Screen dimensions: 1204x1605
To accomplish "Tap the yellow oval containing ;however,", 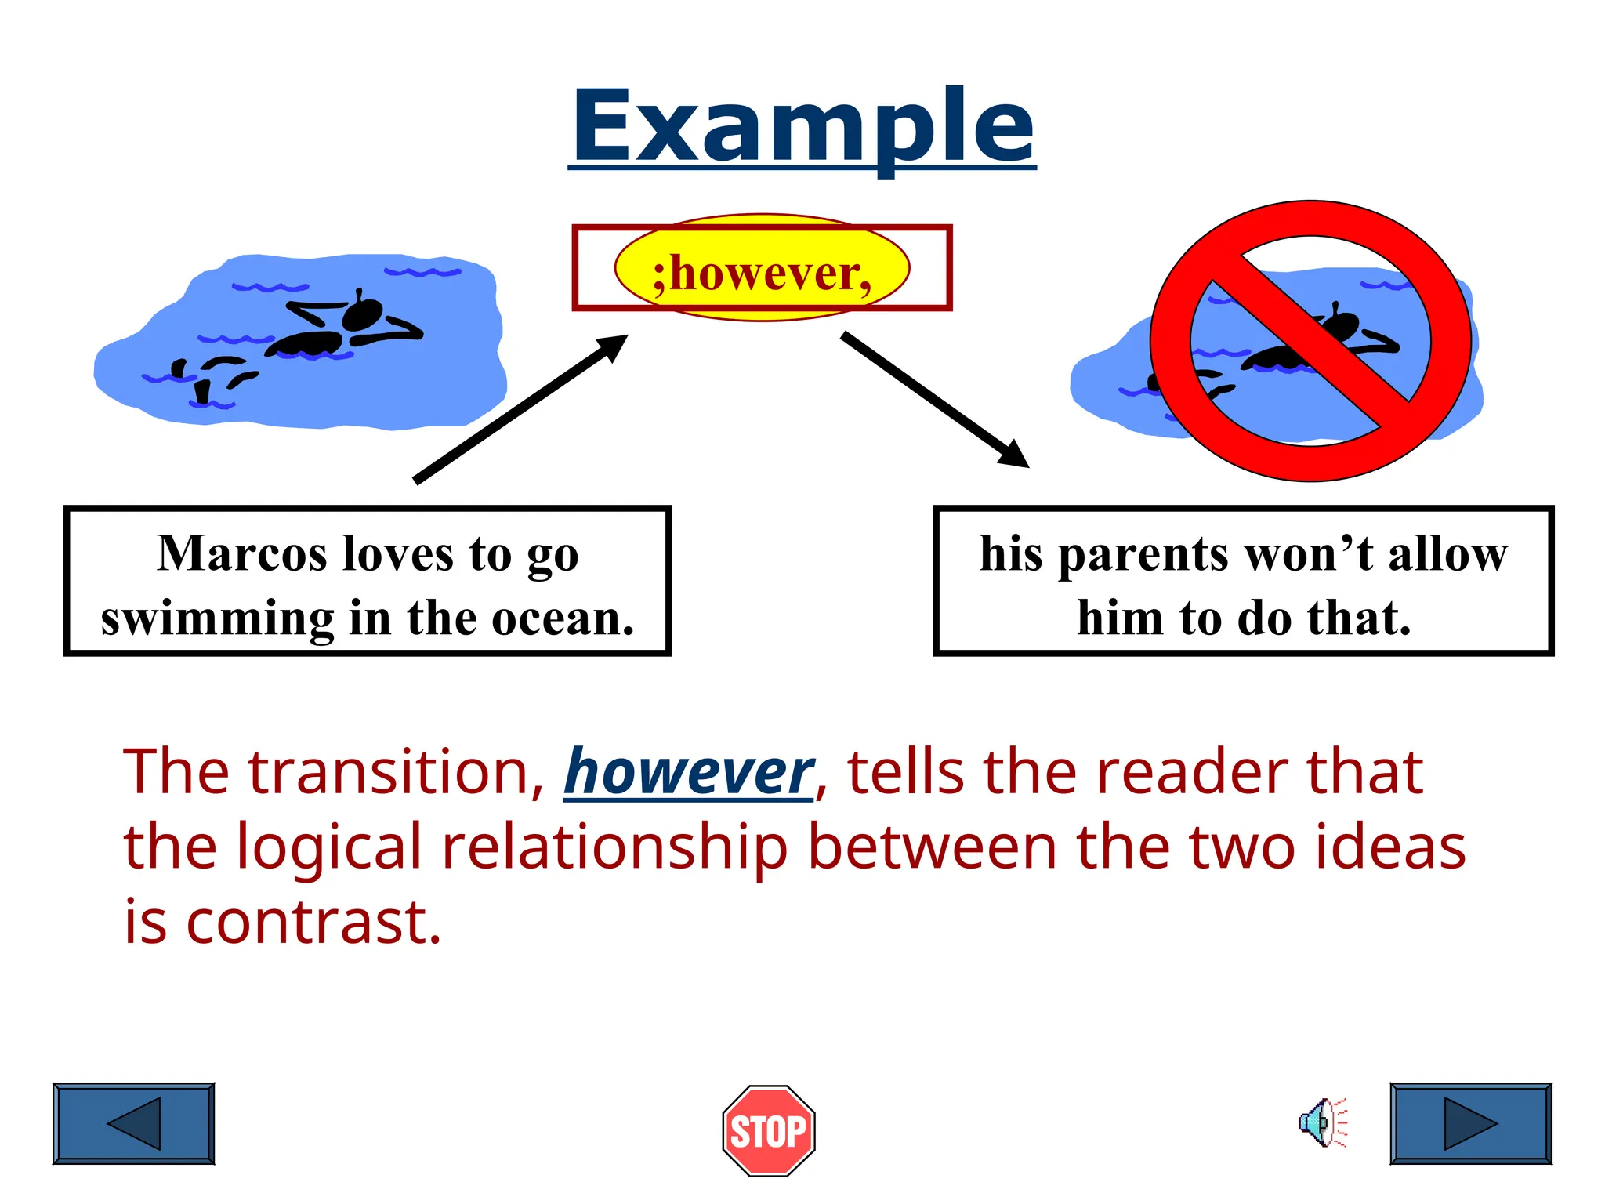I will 762,270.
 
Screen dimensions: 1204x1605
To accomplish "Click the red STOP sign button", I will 768,1131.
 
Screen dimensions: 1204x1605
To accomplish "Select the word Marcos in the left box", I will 242,554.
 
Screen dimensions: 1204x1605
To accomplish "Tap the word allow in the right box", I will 1447,554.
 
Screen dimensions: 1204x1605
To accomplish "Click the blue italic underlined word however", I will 689,773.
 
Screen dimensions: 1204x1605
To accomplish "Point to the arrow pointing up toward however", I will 520,408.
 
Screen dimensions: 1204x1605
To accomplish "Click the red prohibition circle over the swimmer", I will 1310,340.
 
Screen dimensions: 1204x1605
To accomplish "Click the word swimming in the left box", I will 217,618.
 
